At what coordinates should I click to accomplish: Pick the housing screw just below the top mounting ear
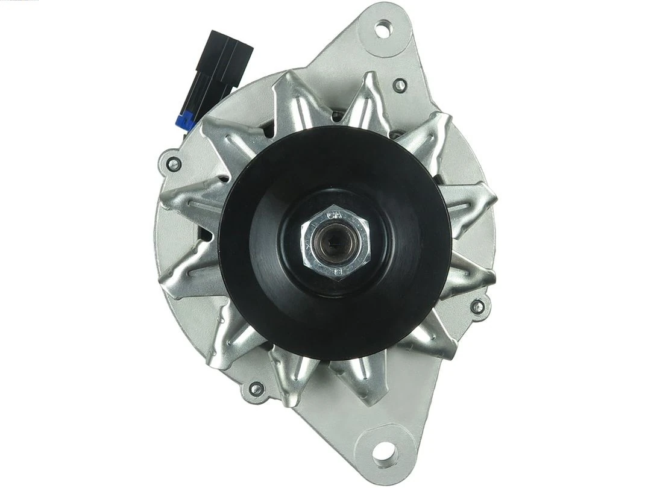click(399, 86)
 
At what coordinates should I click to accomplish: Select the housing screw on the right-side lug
click(477, 306)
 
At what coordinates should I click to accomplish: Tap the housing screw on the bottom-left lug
click(256, 389)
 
